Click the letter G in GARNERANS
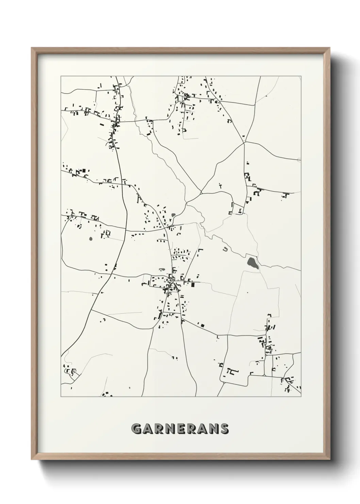pos(137,429)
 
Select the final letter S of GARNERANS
pos(224,429)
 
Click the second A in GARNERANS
pos(202,429)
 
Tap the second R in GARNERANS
pos(191,429)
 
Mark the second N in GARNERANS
pos(213,429)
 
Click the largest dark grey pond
pos(252,263)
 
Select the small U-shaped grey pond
pos(225,250)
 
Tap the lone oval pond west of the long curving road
pos(91,238)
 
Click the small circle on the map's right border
pos(299,160)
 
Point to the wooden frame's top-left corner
pos(32,48)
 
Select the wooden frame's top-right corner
pos(330,48)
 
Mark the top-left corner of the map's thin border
pos(61,76)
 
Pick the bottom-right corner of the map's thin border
pos(301,397)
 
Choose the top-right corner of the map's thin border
pos(301,76)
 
